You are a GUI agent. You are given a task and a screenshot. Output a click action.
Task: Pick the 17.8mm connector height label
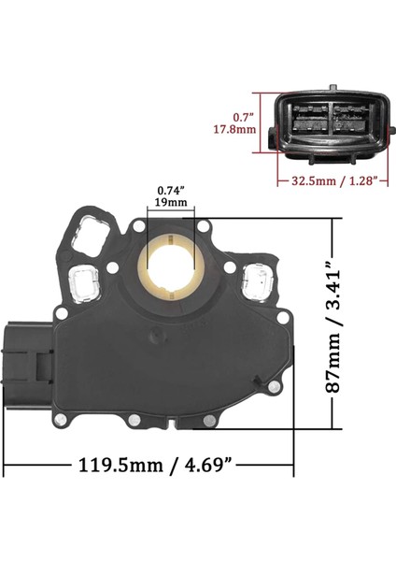(x=247, y=129)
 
